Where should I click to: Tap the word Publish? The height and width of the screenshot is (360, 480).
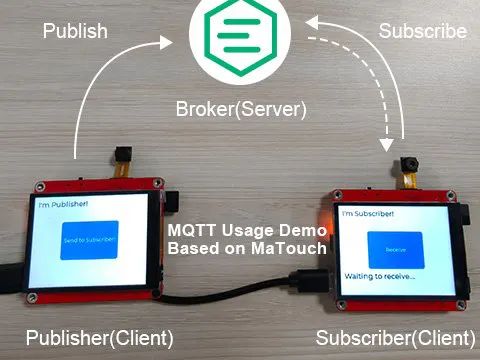click(x=75, y=31)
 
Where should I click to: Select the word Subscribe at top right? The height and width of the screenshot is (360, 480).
click(x=422, y=31)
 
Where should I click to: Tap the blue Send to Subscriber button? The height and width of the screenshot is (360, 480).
click(x=89, y=241)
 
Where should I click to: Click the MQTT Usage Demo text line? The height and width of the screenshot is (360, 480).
click(x=246, y=231)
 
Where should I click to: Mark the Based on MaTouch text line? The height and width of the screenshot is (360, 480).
click(x=246, y=248)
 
